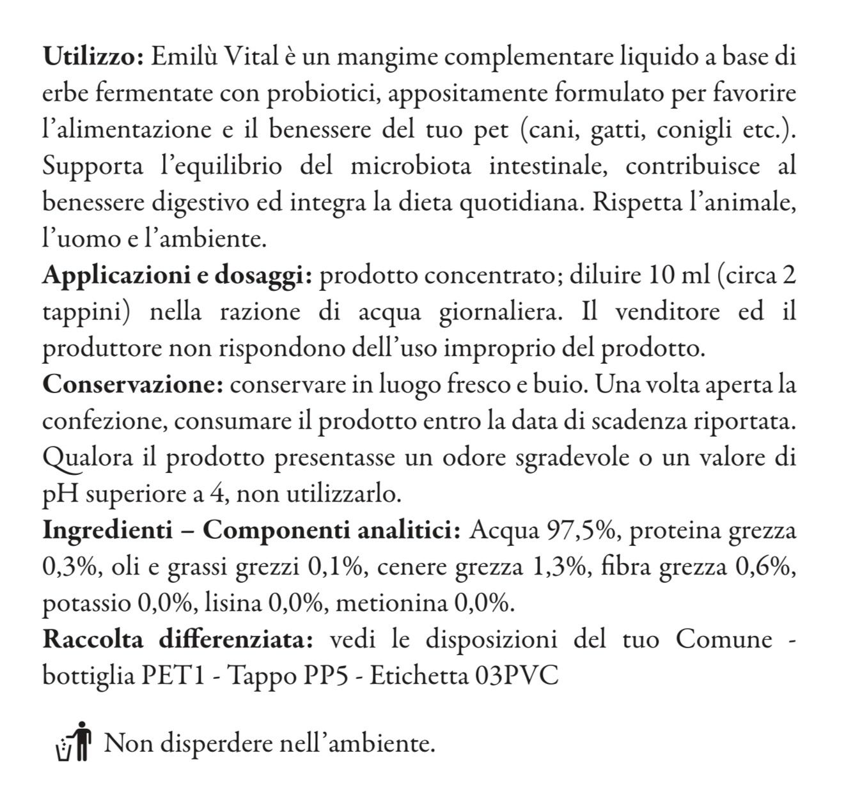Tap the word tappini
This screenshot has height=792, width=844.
pyautogui.click(x=87, y=313)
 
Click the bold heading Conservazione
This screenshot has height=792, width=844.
pyautogui.click(x=132, y=385)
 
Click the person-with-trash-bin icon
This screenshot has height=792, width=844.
pyautogui.click(x=74, y=742)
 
